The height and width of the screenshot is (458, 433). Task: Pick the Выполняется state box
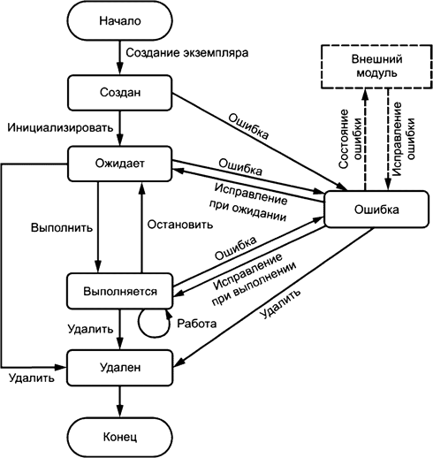coord(118,290)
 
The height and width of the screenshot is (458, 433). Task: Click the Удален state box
coord(118,363)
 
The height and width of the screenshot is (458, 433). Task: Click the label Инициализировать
coord(60,127)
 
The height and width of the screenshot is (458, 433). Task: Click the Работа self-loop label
coord(197,324)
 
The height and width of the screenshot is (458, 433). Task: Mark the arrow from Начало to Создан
coord(118,57)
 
